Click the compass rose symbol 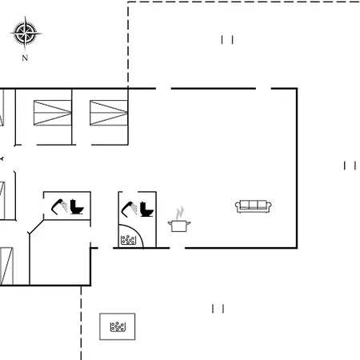pos(26,34)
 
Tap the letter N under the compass pos(25,58)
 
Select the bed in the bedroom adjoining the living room pos(109,113)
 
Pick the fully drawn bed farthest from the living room pos(53,113)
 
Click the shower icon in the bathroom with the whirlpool pos(130,208)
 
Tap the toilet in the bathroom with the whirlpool pos(146,209)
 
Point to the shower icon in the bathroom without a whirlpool pos(59,206)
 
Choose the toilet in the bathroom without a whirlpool pos(77,206)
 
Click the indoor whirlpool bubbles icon pos(128,240)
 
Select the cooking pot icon pos(179,226)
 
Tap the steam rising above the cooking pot pos(180,213)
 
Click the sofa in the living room pos(254,206)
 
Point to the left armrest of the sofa pos(238,206)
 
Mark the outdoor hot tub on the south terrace pos(118,326)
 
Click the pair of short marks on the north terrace pos(227,40)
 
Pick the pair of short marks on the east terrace pos(350,166)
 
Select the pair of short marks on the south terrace pos(218,309)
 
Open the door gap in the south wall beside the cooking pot pos(178,248)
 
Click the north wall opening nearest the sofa pos(263,88)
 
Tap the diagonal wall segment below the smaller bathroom pos(36,226)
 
